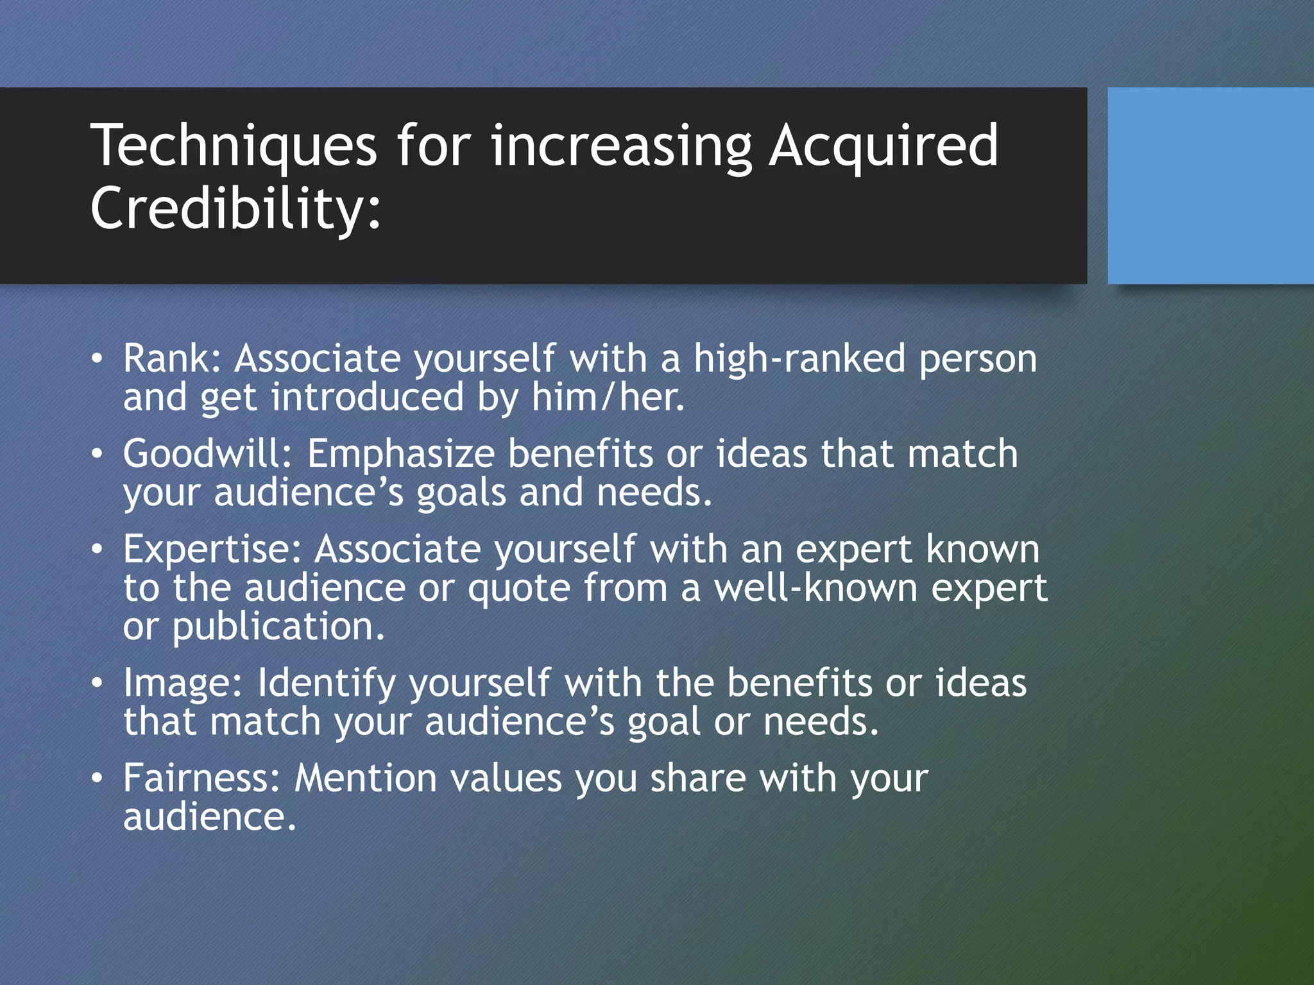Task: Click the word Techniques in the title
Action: [234, 147]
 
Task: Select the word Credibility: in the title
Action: [235, 208]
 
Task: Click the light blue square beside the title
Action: [1210, 185]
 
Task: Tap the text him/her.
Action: [608, 397]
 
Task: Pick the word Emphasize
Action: [400, 453]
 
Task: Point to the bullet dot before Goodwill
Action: [96, 454]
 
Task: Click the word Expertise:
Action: [212, 550]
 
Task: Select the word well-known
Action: [815, 588]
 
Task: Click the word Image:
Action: [183, 682]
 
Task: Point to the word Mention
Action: [365, 778]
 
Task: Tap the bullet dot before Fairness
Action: [96, 779]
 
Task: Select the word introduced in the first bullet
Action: [367, 397]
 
